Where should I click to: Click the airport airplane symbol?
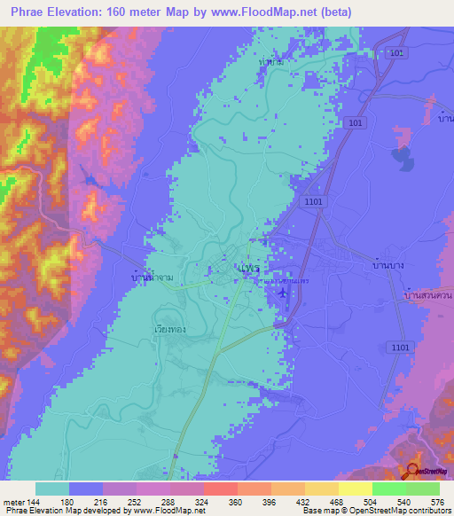tap(282, 293)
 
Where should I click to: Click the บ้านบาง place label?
tap(388, 264)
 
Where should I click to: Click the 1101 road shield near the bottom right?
tap(399, 348)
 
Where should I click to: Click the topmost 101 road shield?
tap(396, 54)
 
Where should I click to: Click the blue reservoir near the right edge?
tap(402, 158)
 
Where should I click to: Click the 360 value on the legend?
tap(236, 501)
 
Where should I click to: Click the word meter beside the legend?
tap(14, 501)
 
